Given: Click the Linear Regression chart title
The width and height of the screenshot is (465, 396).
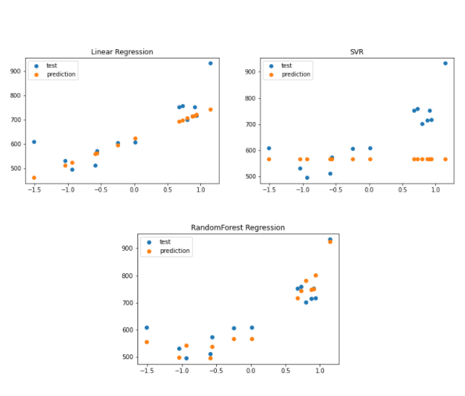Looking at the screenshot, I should pos(121,52).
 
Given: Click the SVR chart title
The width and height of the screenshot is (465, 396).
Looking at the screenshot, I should pos(357,52).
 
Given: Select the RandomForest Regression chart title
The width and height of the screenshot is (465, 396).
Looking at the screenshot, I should pos(238,228).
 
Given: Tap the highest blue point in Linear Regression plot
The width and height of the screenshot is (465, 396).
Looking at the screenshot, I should pos(210,64).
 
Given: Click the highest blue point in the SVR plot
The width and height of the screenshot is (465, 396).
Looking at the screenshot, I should pos(445,64).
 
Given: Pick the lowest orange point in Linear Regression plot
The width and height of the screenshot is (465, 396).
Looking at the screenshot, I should pos(34,178).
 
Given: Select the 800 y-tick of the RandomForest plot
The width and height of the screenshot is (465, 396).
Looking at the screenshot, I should pos(127,276).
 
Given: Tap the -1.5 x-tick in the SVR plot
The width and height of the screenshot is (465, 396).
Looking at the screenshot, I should pos(268,190).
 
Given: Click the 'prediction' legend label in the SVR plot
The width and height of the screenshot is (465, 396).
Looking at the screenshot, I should pos(296,74).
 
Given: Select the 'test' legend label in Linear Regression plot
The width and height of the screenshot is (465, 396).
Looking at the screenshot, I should pos(52,65).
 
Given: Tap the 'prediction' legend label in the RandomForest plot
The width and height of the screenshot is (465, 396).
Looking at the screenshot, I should pos(174,251).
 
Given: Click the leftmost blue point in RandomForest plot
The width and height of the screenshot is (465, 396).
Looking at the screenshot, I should pos(147,328).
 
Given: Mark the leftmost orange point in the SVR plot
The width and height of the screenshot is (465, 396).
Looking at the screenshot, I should pos(269,159).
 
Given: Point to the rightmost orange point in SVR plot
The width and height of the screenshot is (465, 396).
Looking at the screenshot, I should pos(445,159).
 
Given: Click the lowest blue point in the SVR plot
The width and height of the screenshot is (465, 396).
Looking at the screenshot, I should pos(307,178).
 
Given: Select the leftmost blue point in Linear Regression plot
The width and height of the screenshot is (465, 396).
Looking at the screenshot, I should pos(34,142).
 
